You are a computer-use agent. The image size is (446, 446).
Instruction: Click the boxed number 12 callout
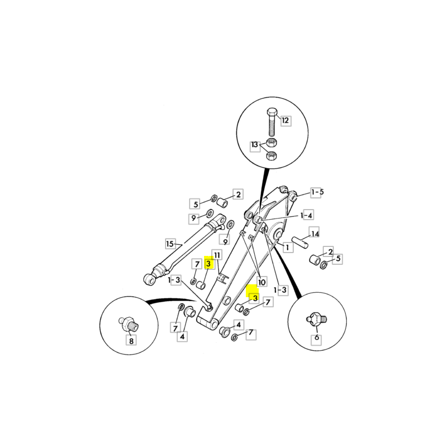[285, 120]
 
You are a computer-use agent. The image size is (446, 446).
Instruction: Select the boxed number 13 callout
[255, 145]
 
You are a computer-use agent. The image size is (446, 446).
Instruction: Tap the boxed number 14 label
[314, 234]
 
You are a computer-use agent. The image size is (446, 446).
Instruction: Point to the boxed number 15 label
[170, 244]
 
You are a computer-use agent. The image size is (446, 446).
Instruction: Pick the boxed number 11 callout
[217, 255]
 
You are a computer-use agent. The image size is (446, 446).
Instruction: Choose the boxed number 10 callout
[261, 282]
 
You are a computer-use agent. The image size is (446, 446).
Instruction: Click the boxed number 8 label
[131, 341]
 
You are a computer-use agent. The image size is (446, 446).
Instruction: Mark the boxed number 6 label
[317, 338]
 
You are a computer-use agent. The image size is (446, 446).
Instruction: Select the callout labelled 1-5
[317, 192]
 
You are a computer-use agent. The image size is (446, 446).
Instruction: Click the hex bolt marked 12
[272, 122]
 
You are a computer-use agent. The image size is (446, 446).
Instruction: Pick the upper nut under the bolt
[272, 142]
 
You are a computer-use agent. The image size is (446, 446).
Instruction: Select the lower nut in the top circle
[272, 156]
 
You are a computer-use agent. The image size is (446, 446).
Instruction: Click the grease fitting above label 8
[129, 324]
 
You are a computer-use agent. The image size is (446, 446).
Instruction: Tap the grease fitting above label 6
[317, 319]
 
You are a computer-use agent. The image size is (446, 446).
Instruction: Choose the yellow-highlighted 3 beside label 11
[209, 264]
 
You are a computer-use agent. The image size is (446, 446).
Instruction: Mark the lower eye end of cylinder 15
[150, 279]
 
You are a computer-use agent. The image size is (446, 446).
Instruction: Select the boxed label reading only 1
[288, 247]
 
